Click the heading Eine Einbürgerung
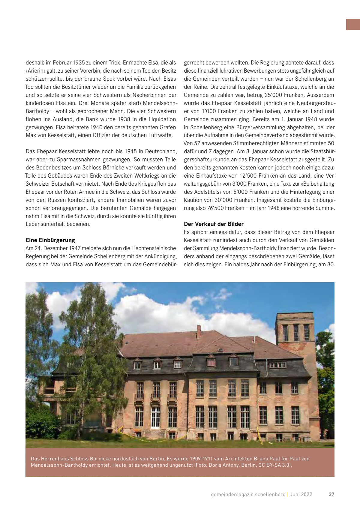[x=50, y=240]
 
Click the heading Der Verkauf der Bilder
[x=214, y=224]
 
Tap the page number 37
[x=331, y=494]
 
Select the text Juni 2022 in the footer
[x=301, y=494]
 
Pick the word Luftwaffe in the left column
[x=160, y=135]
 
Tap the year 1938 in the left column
[x=124, y=119]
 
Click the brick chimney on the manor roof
[x=199, y=331]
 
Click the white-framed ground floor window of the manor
[x=155, y=417]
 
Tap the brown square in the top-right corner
[x=353, y=25]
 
